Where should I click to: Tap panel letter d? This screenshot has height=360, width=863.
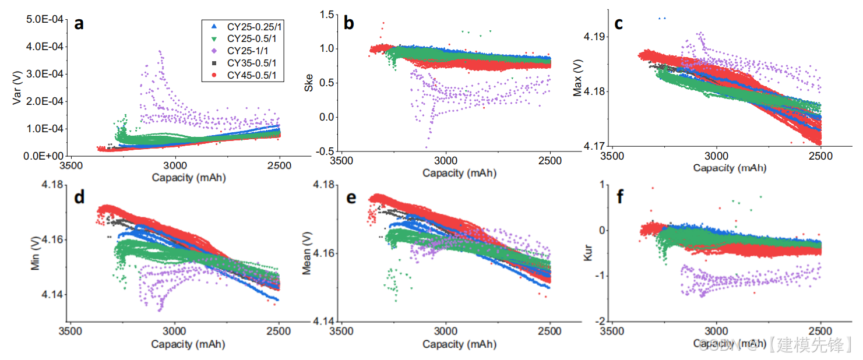79,198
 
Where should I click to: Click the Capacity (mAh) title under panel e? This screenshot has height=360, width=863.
460,344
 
